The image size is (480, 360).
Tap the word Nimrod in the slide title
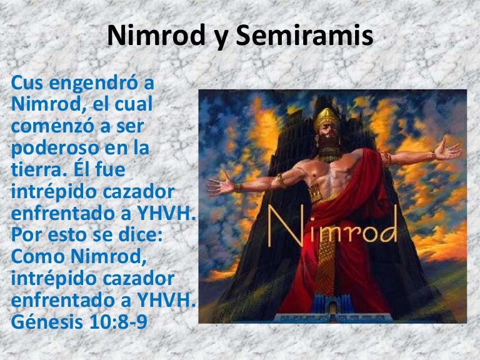[156, 36]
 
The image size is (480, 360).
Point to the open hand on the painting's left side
[221, 185]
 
